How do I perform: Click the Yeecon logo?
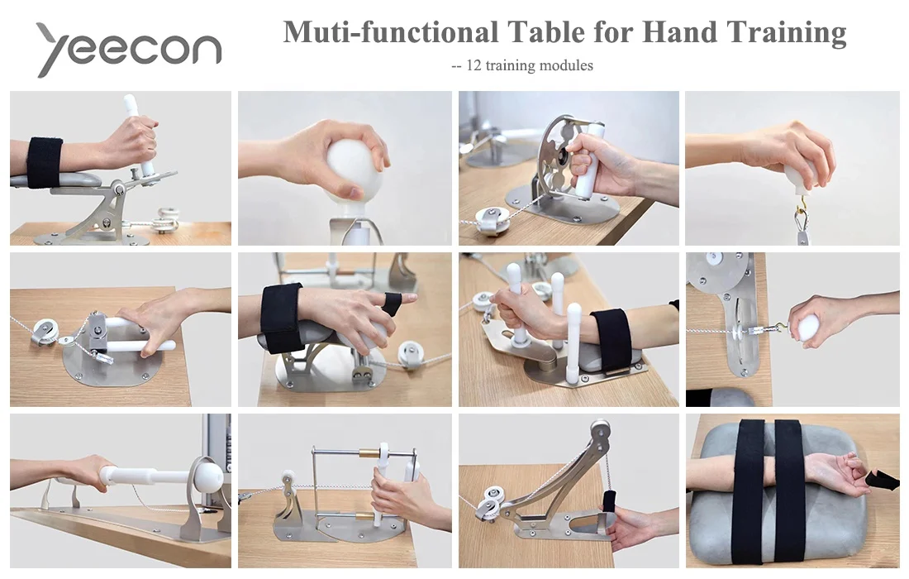[129, 49]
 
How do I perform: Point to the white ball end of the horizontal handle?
[207, 475]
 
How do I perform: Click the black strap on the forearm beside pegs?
[614, 339]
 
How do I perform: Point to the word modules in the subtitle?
[565, 65]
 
